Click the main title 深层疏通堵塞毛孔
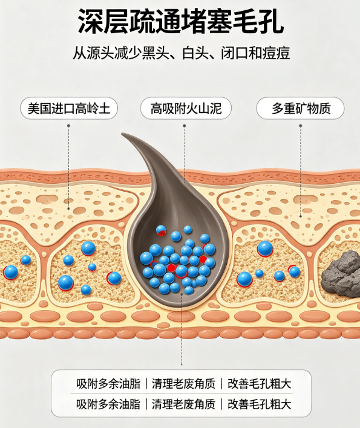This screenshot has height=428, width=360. [x=180, y=21]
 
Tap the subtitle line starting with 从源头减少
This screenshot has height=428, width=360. [x=181, y=53]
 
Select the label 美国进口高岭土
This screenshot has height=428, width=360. [x=69, y=108]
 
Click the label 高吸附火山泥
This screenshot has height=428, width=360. [x=186, y=108]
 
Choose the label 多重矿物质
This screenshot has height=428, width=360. [x=301, y=108]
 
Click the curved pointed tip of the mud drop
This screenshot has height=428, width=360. [x=122, y=134]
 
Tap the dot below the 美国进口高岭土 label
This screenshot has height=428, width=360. [x=68, y=126]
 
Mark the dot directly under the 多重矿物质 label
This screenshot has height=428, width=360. [x=301, y=126]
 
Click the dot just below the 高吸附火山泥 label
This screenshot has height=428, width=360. [x=185, y=126]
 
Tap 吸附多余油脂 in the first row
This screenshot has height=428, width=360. [x=108, y=384]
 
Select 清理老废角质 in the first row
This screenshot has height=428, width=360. [x=183, y=384]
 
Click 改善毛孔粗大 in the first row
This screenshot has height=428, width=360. [x=260, y=384]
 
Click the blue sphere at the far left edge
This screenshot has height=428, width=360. [x=11, y=272]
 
